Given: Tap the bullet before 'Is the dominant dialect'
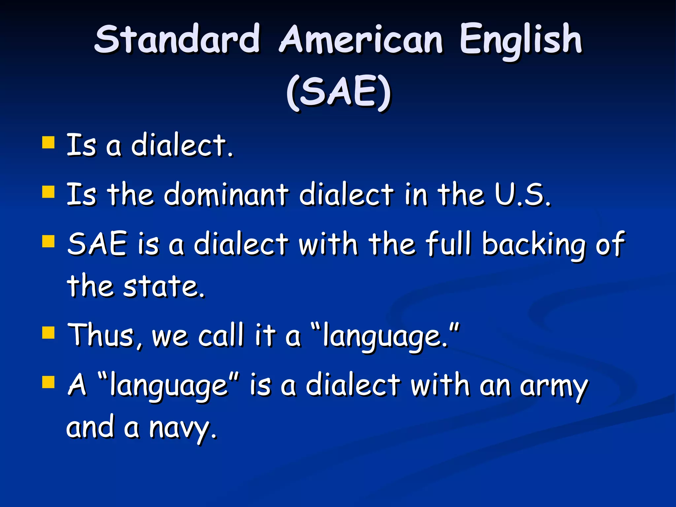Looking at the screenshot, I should pos(48,192).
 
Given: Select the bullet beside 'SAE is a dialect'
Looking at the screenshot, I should pos(48,241).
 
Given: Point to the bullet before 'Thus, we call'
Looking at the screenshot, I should pos(48,333).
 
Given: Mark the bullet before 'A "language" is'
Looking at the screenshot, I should pos(48,382).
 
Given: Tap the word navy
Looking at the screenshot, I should pos(183,428).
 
